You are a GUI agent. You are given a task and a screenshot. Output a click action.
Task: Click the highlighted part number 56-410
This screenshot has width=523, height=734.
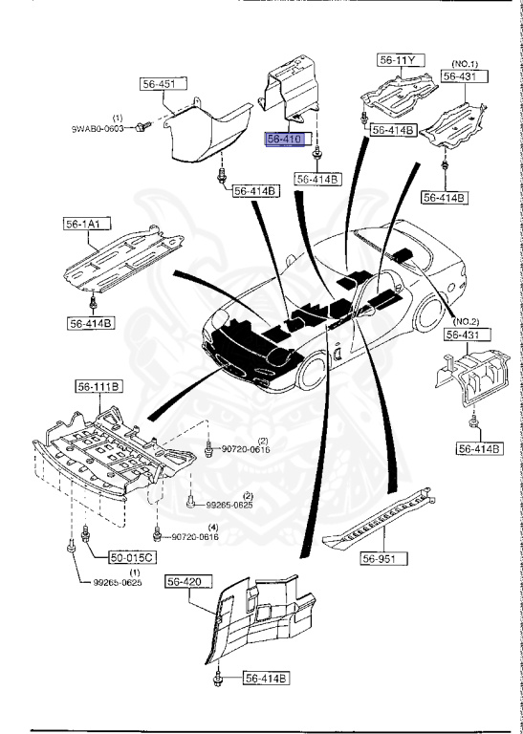click(284, 138)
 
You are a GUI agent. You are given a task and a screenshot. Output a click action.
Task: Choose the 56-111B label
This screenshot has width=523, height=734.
click(98, 387)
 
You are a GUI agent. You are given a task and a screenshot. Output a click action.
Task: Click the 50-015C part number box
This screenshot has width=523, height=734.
click(108, 555)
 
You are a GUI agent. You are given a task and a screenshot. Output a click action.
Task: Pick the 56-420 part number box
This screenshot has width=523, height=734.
click(186, 579)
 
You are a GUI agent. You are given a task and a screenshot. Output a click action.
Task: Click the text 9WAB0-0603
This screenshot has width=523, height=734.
click(100, 127)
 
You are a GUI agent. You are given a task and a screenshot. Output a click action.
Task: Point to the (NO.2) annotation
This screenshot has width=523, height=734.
click(466, 320)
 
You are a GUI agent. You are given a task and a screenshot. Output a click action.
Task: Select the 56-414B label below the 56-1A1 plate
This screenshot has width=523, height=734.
click(91, 323)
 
